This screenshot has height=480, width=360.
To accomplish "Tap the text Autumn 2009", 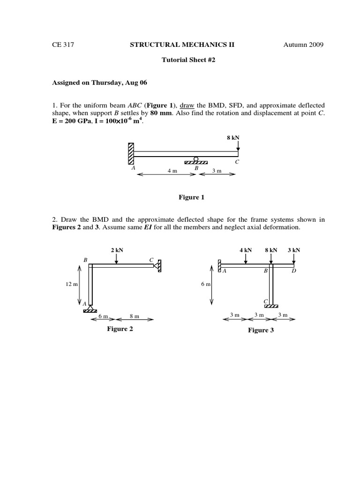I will click(303, 45).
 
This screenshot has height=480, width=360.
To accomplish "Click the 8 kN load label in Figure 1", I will click(233, 138).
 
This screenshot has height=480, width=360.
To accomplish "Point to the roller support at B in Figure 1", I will click(196, 160).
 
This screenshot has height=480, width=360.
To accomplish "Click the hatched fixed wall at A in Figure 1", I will click(131, 154).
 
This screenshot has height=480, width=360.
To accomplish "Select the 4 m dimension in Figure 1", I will click(172, 171).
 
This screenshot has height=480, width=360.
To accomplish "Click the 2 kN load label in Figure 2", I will click(117, 250).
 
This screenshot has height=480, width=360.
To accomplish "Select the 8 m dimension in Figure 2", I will click(134, 316).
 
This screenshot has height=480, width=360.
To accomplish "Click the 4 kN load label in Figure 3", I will click(246, 250).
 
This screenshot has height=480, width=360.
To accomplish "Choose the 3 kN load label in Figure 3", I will click(293, 250).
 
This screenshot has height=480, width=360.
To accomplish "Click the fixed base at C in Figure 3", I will click(271, 306).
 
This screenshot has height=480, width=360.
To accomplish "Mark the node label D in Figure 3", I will click(294, 271).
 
